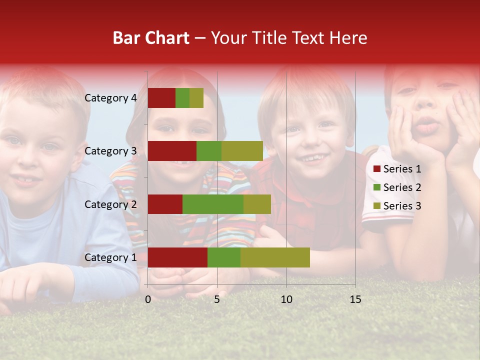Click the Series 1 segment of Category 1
[x=177, y=257]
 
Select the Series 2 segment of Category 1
[x=224, y=257]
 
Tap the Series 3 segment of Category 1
[x=275, y=257]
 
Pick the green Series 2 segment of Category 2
[x=213, y=204]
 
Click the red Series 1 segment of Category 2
[x=165, y=204]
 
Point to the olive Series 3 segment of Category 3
[x=242, y=151]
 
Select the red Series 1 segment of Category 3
[x=172, y=151]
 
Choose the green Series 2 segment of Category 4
[x=182, y=98]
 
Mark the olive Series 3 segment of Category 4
[x=196, y=98]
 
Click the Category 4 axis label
[x=110, y=98]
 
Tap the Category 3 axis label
[x=110, y=151]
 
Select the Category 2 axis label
[x=110, y=204]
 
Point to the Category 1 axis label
[x=110, y=257]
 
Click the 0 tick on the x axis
[x=148, y=299]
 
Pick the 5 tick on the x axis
[x=217, y=299]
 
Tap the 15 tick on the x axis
[x=355, y=299]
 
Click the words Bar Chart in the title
[x=151, y=38]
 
